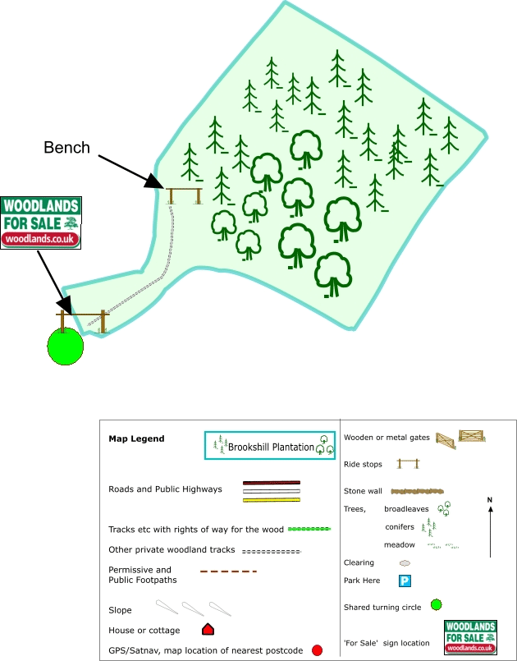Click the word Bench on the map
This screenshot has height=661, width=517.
[67, 148]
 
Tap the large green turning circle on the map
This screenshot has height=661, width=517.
[66, 346]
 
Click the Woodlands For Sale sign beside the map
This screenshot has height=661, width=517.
[41, 223]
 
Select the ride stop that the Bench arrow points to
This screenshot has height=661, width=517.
[184, 195]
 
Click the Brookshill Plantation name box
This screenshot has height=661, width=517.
[270, 445]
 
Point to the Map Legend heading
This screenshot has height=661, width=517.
[136, 438]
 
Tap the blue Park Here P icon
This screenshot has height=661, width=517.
[405, 581]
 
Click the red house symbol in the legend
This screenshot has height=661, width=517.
[208, 629]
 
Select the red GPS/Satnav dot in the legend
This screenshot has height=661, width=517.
[318, 650]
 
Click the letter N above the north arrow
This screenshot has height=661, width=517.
[490, 500]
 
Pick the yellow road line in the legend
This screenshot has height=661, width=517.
[272, 500]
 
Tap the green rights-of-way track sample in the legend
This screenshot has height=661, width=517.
[309, 529]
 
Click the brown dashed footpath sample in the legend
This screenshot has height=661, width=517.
[228, 571]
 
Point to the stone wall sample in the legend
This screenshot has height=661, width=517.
[417, 491]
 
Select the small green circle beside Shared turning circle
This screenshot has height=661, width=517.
[437, 605]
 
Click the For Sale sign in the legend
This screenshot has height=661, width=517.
[471, 637]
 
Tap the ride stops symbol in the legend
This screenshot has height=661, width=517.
[409, 464]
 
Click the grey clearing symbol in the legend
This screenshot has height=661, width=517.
[405, 562]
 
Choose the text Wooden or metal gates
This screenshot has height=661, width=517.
[387, 438]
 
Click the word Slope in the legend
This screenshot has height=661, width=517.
[120, 610]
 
